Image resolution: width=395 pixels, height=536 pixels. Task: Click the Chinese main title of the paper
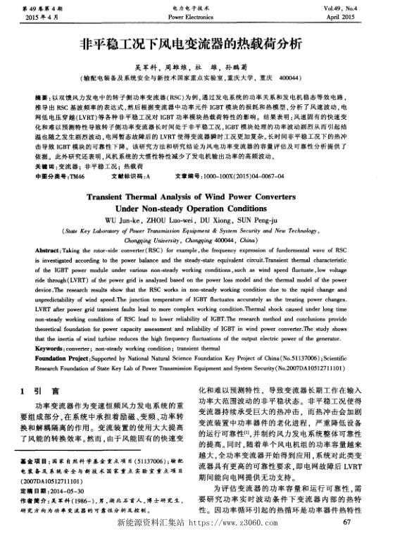click(x=197, y=42)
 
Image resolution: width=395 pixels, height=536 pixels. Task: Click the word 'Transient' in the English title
click(x=121, y=198)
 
